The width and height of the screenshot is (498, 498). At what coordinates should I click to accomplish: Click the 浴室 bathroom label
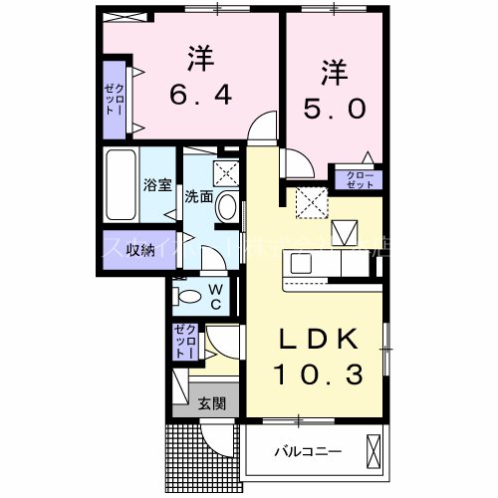point(157,184)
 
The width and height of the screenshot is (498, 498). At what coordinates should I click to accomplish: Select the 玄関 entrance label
point(210,403)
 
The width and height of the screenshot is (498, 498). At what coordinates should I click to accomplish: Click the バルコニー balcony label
point(309,451)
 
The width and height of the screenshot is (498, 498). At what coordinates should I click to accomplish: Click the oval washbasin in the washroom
point(227,208)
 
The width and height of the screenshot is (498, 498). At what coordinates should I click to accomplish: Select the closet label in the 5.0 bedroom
point(360,180)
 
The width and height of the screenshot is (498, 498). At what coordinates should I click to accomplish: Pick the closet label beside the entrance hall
point(185,342)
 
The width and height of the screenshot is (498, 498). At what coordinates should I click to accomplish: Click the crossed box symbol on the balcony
point(375,450)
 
